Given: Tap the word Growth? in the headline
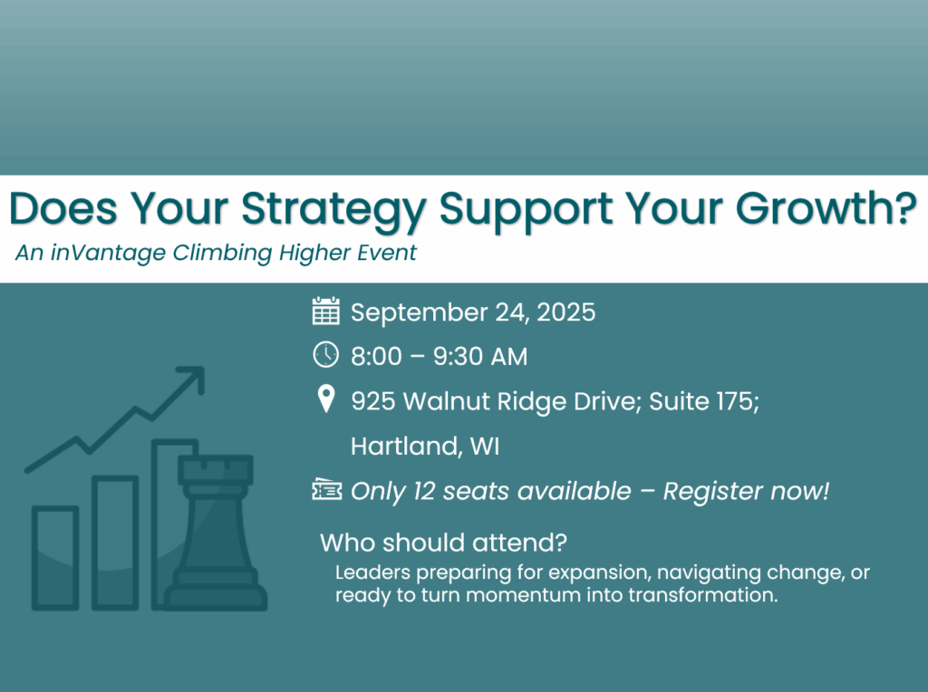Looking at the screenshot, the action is click(826, 207).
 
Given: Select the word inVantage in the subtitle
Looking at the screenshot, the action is click(108, 253).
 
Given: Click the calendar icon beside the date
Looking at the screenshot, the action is click(325, 311).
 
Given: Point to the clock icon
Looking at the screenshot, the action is click(325, 355).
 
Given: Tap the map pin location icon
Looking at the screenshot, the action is click(326, 399).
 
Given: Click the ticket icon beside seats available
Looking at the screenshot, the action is click(326, 490).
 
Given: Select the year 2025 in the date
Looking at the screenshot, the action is click(565, 312).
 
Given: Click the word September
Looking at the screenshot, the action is click(419, 313).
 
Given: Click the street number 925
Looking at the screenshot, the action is click(372, 401).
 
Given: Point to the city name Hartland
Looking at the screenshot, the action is click(405, 446).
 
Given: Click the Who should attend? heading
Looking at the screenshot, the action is click(443, 543).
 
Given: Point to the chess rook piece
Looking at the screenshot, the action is click(216, 533).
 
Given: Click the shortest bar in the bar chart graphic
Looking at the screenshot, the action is click(55, 558).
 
